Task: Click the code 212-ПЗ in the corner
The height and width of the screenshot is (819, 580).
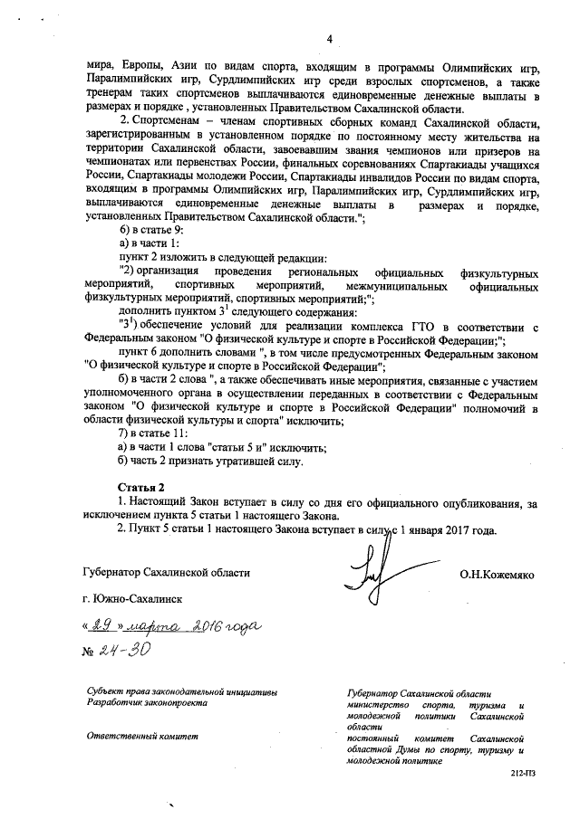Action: coord(523,776)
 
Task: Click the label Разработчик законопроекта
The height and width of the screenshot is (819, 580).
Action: coord(146,703)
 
